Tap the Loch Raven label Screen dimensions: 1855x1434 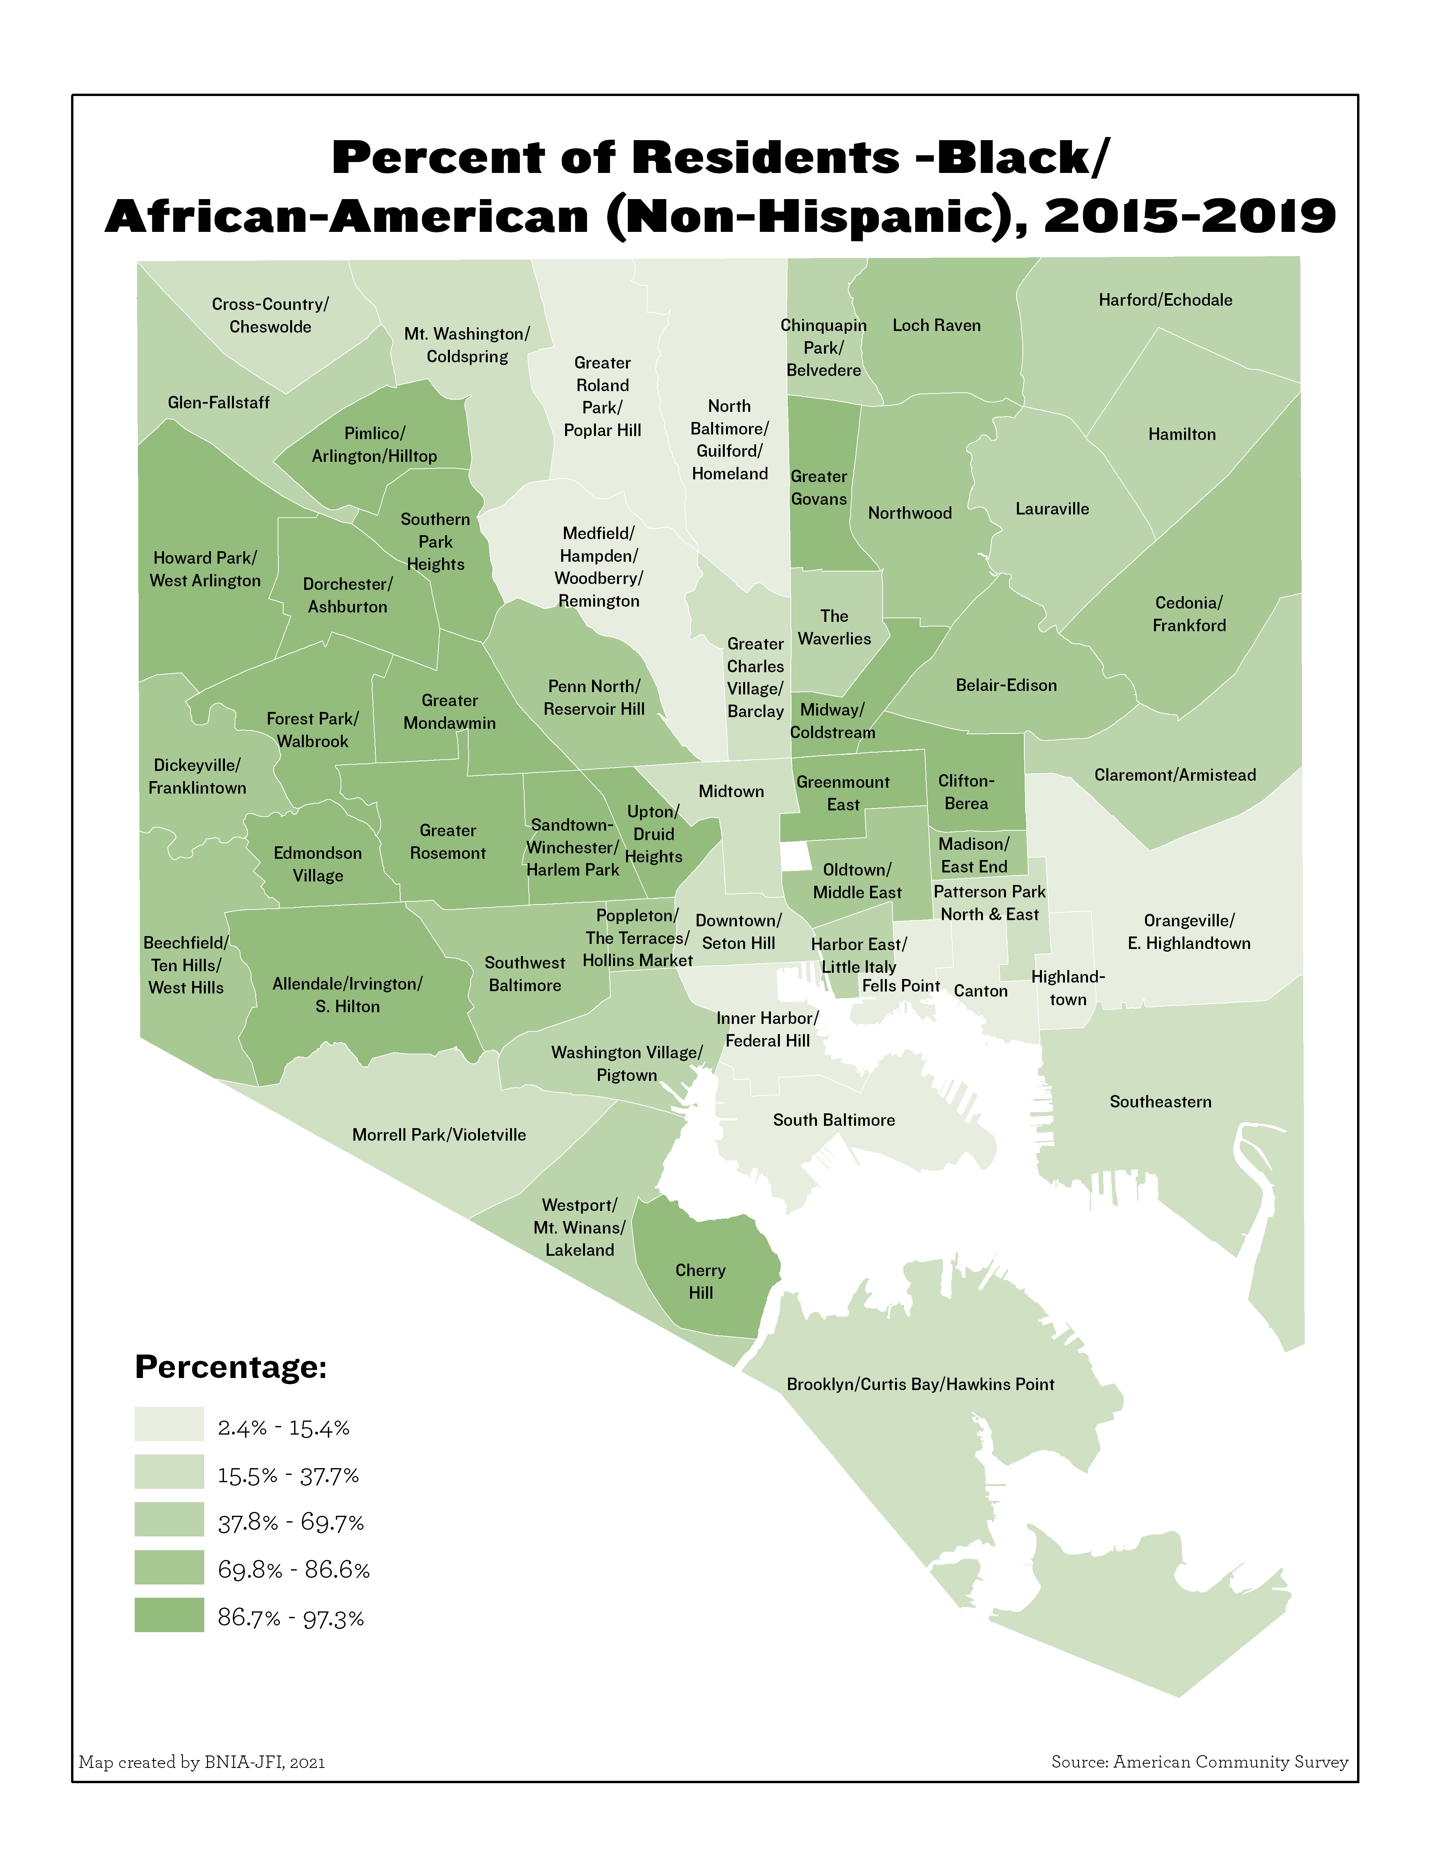(936, 325)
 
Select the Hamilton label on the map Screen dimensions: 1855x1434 (1182, 434)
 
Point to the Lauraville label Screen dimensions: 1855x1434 (1052, 509)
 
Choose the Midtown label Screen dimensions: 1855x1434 (731, 792)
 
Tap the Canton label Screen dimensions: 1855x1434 (980, 991)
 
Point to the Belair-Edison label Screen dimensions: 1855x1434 (1006, 685)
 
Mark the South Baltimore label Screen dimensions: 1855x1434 (833, 1120)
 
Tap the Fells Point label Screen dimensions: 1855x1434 (901, 986)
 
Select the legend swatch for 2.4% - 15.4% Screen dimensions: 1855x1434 (169, 1424)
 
